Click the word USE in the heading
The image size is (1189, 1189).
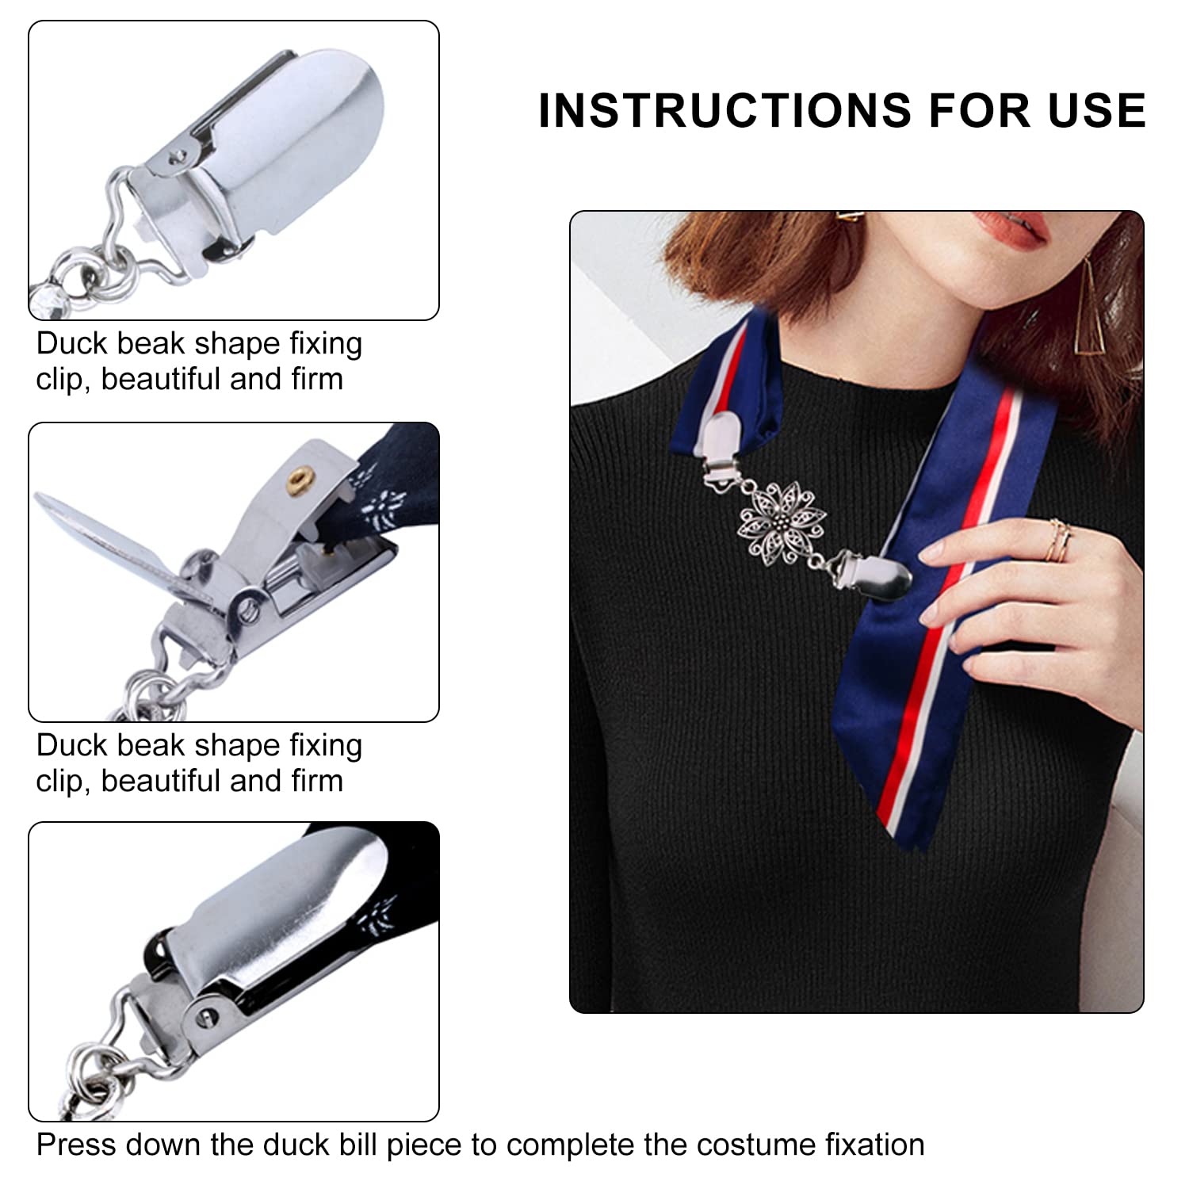(x=1097, y=110)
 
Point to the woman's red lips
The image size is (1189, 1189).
(x=1011, y=230)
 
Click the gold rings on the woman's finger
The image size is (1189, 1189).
(x=1059, y=540)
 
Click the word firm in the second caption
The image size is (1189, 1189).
(x=316, y=782)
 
